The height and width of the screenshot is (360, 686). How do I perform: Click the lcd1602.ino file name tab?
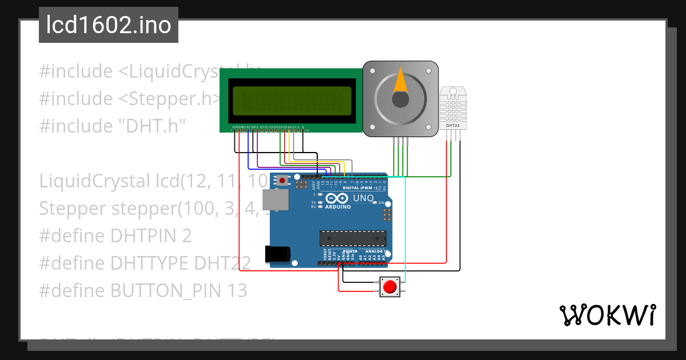click(109, 25)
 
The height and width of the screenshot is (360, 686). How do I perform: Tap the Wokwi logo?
click(607, 315)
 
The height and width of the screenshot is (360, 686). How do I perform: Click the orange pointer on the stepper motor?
click(401, 81)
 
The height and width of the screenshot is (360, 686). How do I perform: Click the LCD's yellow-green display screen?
click(290, 101)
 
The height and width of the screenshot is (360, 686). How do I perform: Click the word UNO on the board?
click(363, 198)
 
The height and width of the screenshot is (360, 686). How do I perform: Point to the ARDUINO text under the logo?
click(338, 207)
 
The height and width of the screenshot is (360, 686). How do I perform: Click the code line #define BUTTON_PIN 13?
click(143, 291)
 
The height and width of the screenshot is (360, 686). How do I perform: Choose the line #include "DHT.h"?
click(113, 126)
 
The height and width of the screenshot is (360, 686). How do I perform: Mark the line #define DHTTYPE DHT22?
click(145, 263)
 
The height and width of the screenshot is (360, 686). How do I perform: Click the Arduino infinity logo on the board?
click(337, 198)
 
